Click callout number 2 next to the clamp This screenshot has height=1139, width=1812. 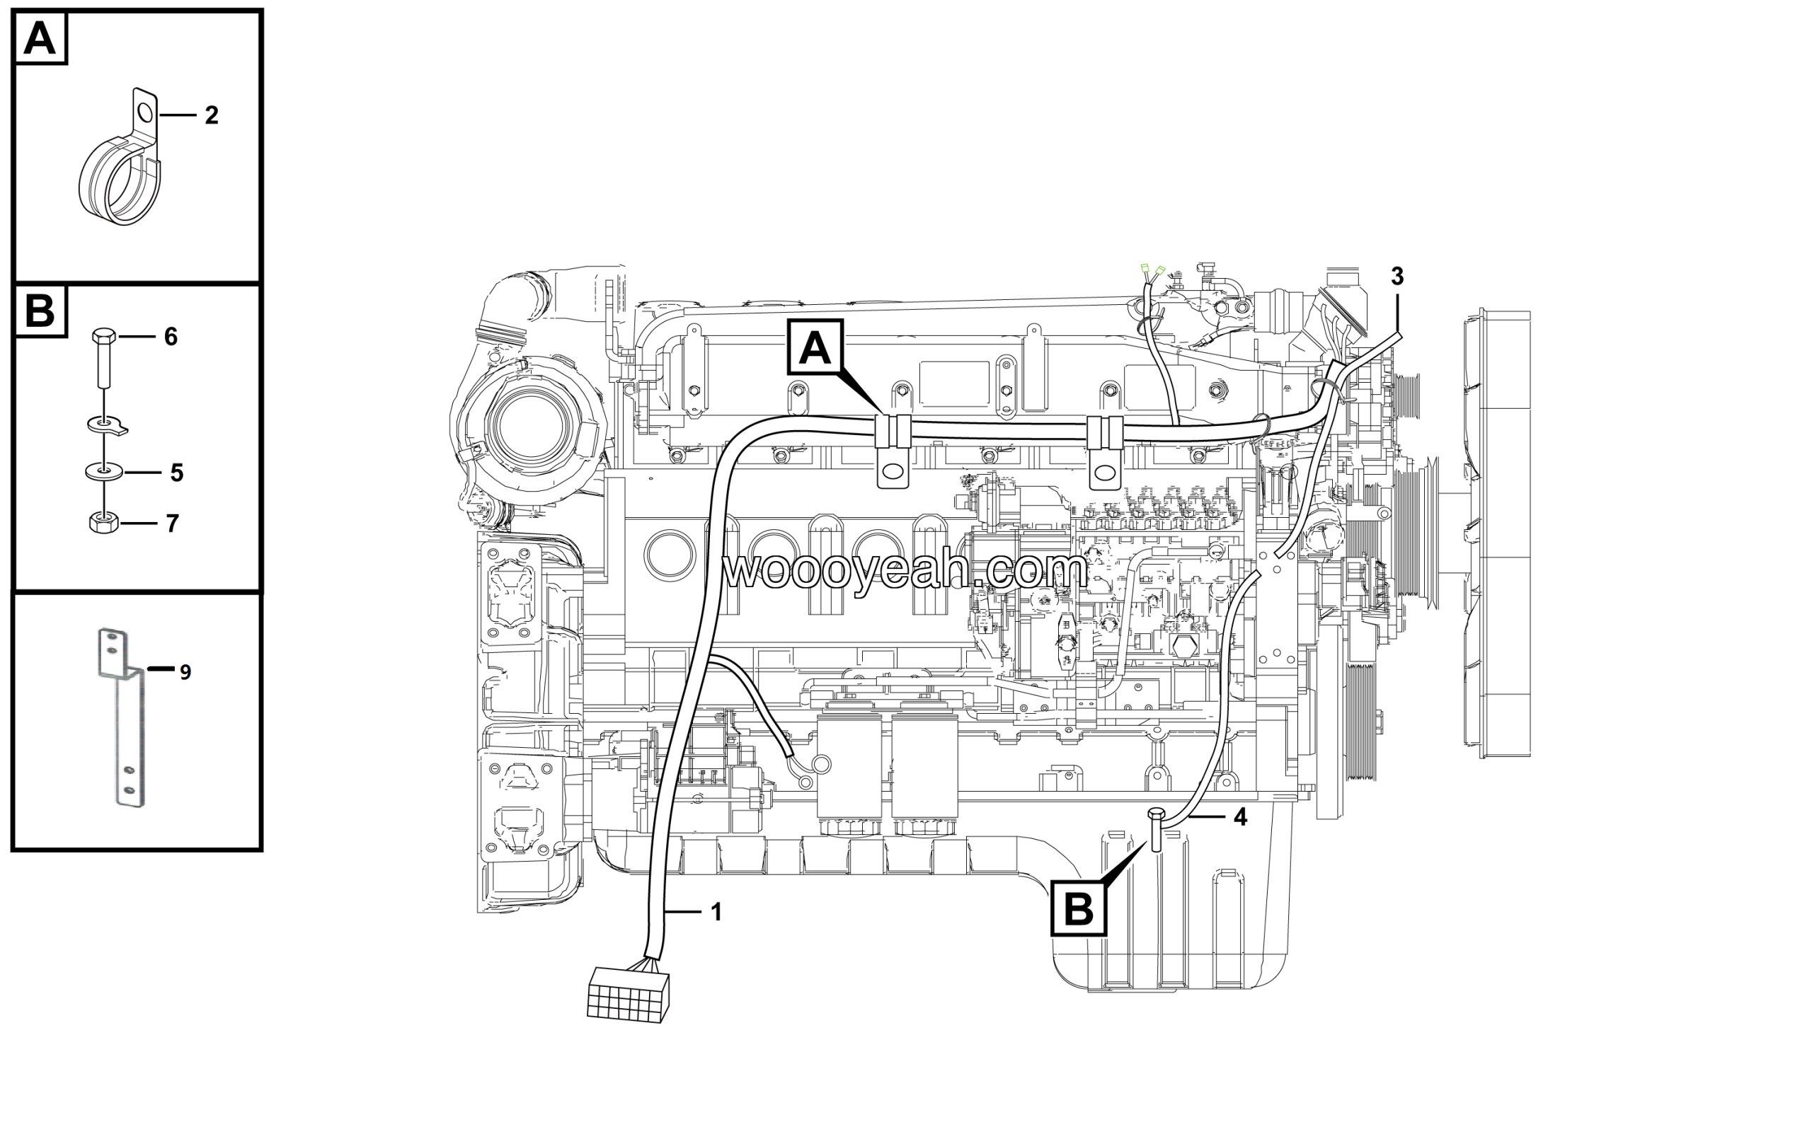212,115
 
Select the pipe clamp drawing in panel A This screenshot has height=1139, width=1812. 120,157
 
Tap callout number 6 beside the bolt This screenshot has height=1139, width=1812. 171,336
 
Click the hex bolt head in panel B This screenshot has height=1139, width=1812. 104,335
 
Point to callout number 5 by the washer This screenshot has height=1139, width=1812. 177,473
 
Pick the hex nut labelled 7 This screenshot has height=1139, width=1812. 104,522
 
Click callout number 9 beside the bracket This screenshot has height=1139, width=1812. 185,672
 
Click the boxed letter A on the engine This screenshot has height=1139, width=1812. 815,347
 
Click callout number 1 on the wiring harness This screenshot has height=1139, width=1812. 716,912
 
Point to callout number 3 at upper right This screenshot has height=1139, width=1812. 1397,276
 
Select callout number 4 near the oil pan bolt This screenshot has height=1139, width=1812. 1240,816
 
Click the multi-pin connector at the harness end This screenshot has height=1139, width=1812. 629,994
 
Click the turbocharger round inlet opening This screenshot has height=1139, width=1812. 532,425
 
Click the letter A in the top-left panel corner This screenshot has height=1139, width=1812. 40,37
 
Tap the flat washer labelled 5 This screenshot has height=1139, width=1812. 104,472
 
